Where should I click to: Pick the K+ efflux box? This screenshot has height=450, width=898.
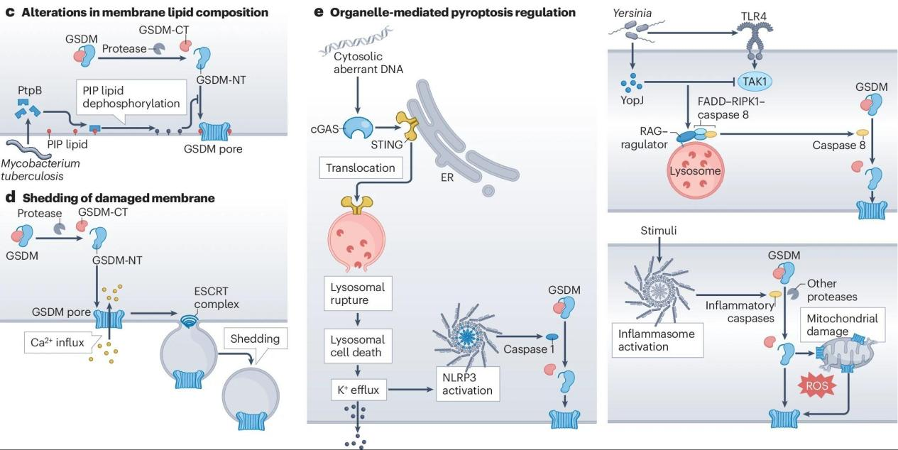(357, 389)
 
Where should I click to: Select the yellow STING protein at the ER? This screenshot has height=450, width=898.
(407, 126)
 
